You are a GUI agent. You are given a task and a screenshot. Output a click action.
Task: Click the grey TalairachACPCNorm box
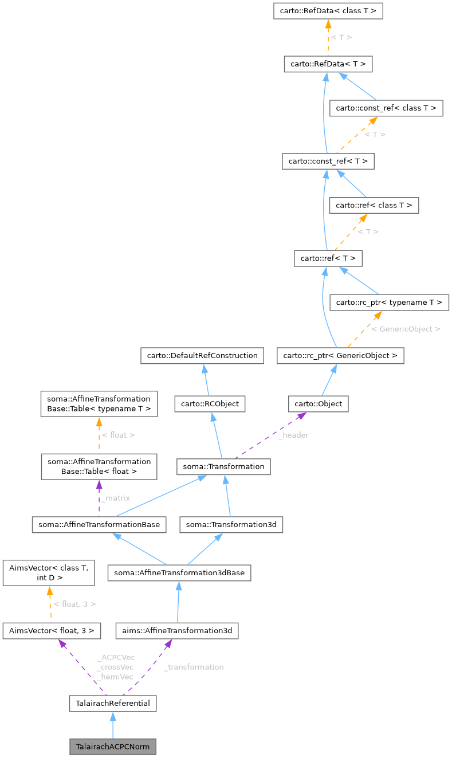(112, 747)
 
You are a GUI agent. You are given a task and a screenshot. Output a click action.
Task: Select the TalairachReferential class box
(112, 703)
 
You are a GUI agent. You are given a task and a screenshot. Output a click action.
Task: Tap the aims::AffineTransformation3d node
(176, 631)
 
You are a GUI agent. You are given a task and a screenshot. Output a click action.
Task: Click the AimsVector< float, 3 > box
(52, 631)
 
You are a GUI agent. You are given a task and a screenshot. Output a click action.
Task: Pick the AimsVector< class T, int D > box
(49, 573)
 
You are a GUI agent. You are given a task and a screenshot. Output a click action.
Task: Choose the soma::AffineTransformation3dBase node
(179, 572)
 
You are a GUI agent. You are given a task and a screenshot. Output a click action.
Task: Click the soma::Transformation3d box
(231, 524)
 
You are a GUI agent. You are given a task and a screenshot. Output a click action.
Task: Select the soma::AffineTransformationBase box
(100, 524)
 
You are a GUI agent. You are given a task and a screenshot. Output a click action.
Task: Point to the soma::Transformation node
(223, 466)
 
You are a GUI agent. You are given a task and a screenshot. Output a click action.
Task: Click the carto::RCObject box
(210, 404)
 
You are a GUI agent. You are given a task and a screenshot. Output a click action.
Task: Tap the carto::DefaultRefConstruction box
(202, 355)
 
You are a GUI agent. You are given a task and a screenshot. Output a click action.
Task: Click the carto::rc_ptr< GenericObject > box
(340, 355)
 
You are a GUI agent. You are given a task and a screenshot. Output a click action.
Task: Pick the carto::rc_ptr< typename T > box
(389, 302)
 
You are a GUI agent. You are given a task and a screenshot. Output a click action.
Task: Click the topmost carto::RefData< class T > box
(328, 11)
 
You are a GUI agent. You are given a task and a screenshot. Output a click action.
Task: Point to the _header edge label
(293, 435)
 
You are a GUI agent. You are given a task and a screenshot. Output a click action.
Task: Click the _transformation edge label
(194, 667)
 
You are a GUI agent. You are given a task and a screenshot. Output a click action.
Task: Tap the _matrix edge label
(115, 498)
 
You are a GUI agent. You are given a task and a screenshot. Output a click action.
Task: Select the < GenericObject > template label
(406, 329)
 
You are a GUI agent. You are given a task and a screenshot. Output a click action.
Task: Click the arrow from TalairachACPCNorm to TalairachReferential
(112, 725)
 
